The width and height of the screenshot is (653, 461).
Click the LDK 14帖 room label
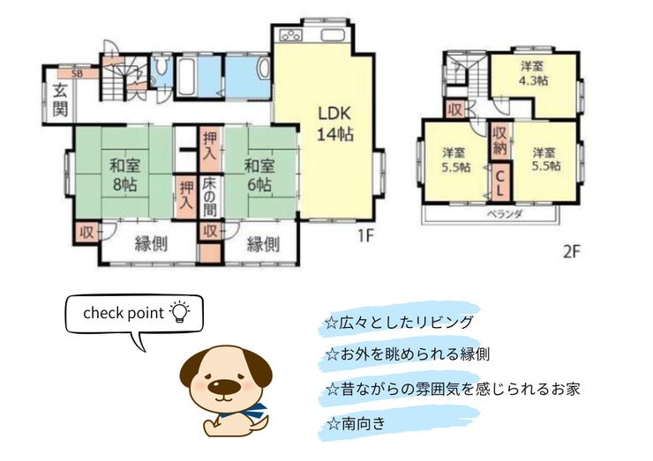335,123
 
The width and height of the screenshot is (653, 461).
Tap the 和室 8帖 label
125,175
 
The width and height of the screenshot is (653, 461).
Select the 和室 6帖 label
259,175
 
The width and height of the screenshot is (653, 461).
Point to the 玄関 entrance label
60,100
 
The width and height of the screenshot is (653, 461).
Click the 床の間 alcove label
209,197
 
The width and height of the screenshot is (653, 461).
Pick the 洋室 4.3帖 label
533,73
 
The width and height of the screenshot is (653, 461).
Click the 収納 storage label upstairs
499,140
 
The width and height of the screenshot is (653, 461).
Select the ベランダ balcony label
505,215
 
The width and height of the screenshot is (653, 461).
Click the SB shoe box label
77,74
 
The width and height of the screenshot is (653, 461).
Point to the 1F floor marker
366,236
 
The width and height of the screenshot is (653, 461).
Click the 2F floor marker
572,251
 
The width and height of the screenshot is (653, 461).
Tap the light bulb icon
179,311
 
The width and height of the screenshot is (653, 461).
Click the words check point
124,313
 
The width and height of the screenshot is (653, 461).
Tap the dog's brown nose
224,385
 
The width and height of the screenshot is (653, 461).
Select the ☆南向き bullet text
357,424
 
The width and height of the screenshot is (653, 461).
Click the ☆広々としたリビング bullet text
400,322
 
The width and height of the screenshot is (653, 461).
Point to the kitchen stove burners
290,35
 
